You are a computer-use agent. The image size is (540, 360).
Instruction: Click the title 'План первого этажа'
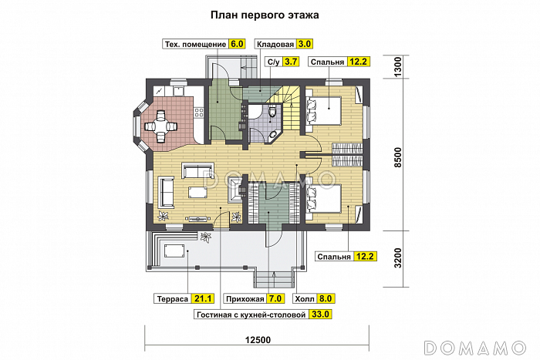(264, 15)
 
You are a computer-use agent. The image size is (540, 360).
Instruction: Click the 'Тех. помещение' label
(194, 44)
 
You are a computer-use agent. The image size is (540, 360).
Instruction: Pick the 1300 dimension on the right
(398, 66)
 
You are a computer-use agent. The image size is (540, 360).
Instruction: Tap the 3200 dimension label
(398, 256)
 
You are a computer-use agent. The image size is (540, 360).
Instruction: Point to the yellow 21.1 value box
(203, 298)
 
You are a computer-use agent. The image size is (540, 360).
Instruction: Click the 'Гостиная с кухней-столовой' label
(250, 314)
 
